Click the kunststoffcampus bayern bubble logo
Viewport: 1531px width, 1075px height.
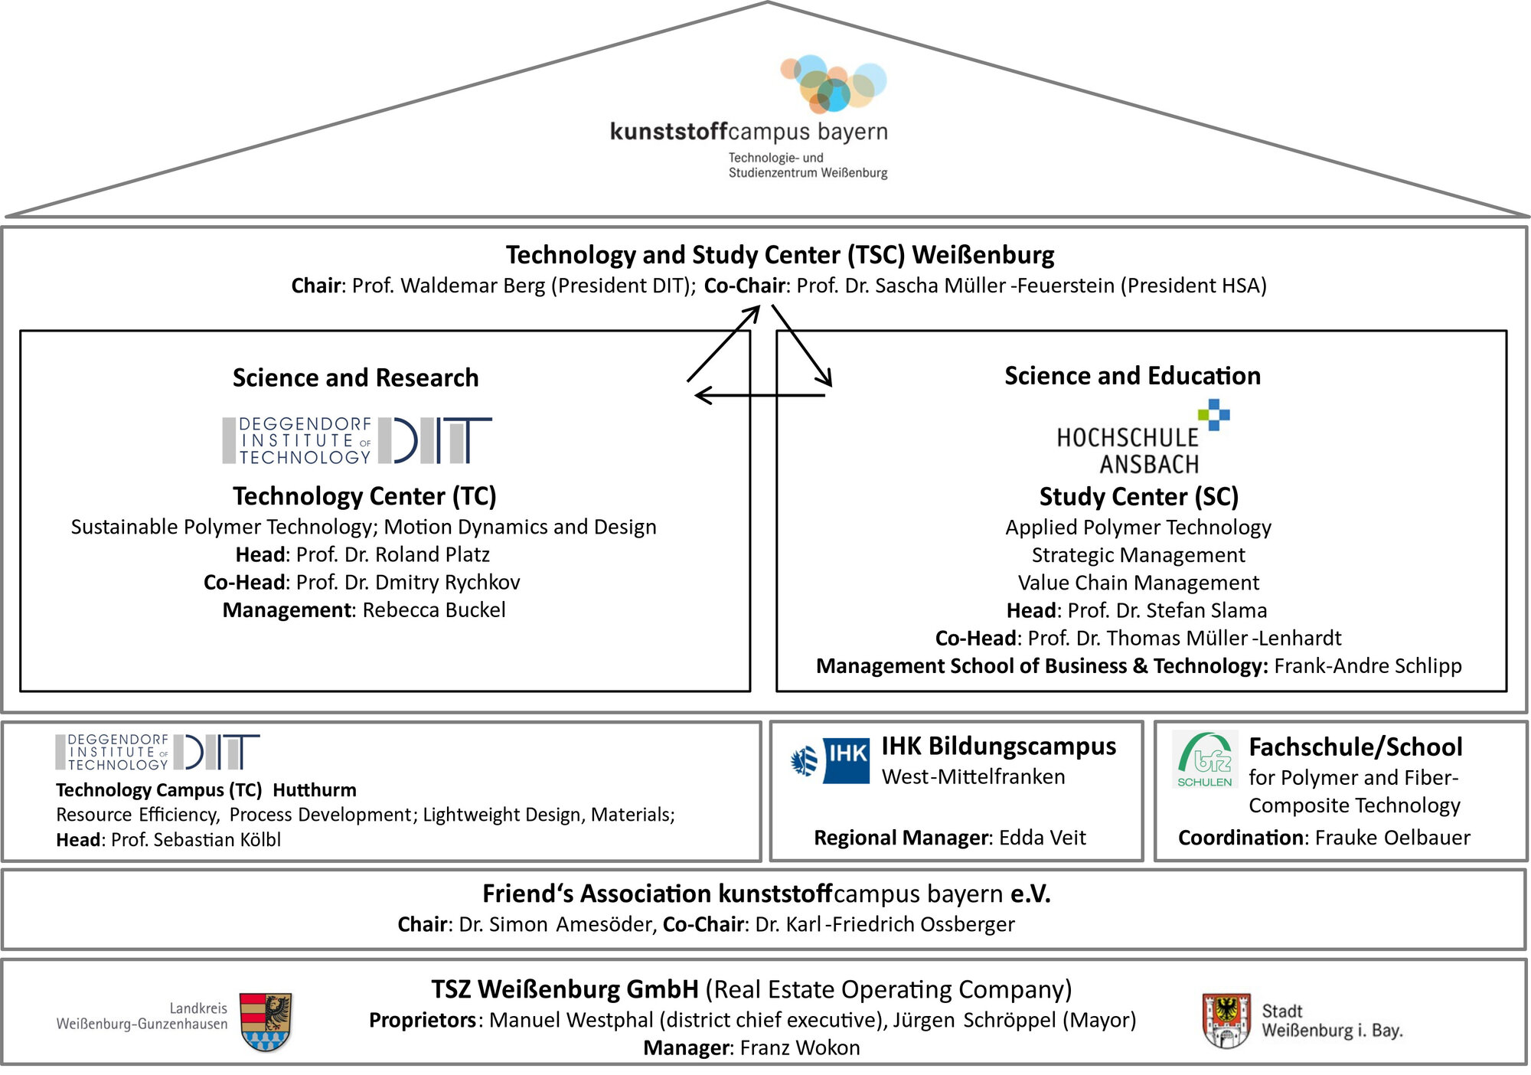point(834,83)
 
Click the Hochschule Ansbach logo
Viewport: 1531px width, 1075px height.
point(1141,439)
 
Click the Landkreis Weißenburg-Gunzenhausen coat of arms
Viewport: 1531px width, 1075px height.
point(265,1021)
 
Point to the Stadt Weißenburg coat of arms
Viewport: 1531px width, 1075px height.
point(1226,1020)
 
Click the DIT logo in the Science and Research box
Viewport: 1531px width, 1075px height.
point(357,440)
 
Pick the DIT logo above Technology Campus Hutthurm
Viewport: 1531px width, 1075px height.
point(157,751)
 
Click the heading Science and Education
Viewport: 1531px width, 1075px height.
point(1132,376)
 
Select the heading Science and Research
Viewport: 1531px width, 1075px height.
point(355,377)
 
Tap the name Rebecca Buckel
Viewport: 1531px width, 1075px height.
point(434,610)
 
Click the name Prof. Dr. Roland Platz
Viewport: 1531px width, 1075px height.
point(393,554)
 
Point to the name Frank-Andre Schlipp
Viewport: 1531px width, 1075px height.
point(1367,666)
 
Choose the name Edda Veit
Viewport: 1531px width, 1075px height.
point(1042,838)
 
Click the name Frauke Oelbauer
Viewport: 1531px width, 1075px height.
point(1392,838)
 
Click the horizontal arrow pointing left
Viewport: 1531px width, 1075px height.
point(759,395)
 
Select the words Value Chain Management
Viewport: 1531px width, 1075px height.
point(1138,583)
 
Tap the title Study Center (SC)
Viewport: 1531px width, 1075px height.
point(1138,497)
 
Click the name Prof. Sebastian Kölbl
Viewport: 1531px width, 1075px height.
point(196,840)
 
